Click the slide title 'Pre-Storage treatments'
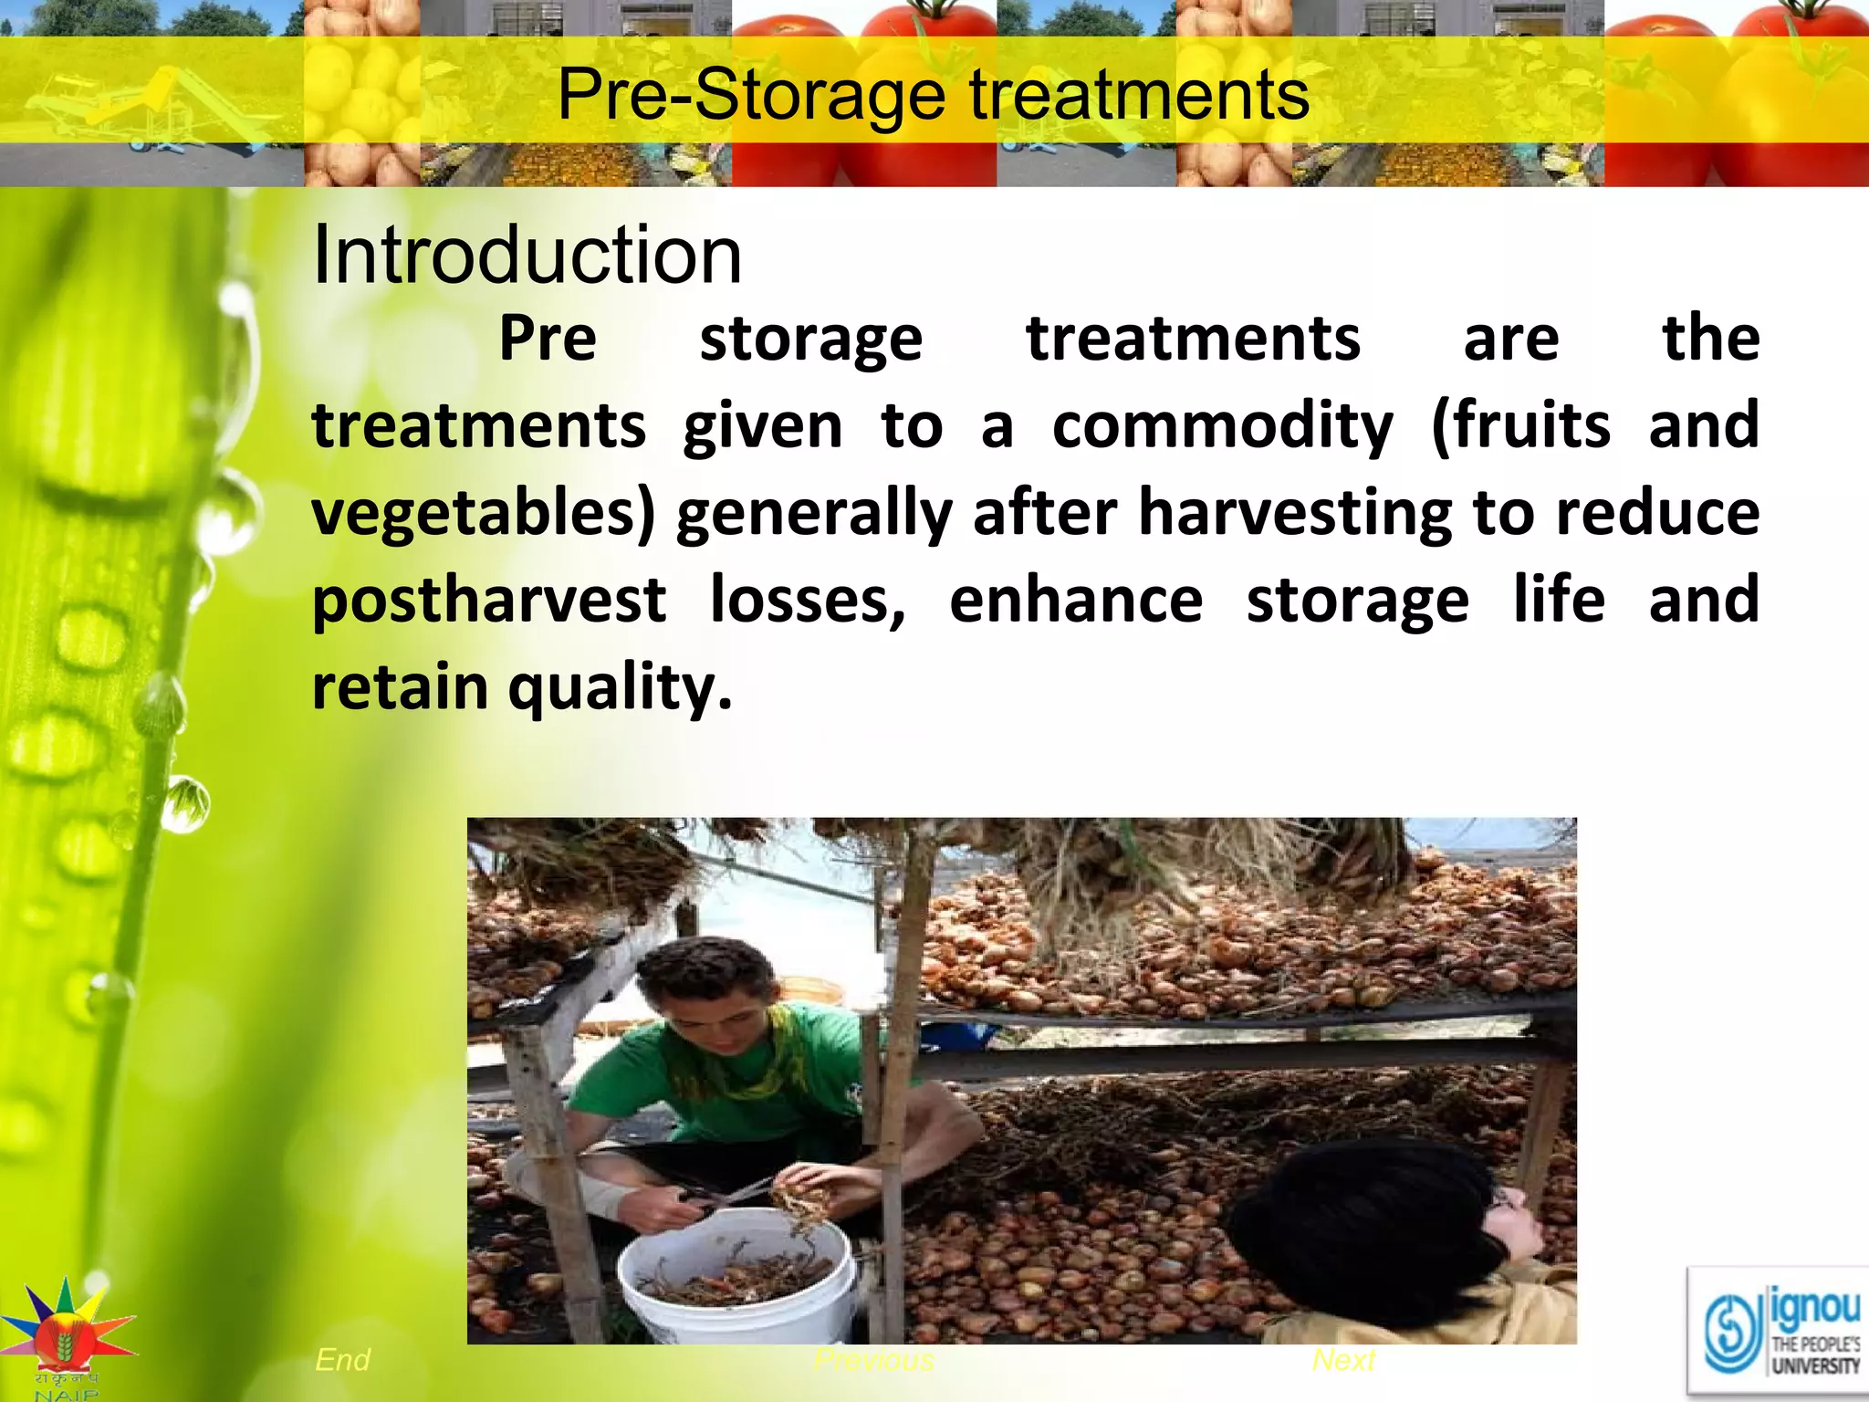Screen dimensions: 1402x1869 point(933,95)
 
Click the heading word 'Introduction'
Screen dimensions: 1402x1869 point(527,256)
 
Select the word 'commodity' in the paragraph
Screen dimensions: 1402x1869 point(1222,426)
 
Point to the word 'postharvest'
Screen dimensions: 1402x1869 point(489,601)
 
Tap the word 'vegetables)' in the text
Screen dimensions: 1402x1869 point(484,514)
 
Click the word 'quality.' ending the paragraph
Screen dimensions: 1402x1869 point(620,687)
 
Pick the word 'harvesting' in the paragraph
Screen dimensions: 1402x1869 point(1295,514)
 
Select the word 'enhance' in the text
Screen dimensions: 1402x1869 point(1076,601)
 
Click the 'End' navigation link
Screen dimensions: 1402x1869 point(342,1360)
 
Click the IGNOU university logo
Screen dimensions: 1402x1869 point(1780,1332)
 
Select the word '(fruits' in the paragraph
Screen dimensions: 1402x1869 point(1520,426)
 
